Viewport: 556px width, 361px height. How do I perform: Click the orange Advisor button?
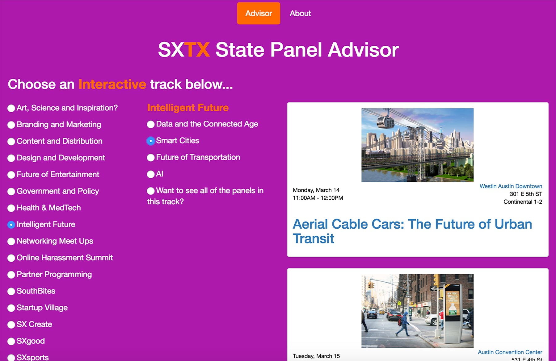(x=259, y=13)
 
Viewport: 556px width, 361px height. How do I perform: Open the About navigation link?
(x=300, y=13)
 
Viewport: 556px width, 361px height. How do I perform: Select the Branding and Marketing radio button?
(x=11, y=125)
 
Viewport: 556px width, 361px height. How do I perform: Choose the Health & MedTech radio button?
(x=11, y=208)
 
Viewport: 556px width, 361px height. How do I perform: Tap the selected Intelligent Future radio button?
(x=11, y=225)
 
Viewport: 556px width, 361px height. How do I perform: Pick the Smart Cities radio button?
(x=151, y=141)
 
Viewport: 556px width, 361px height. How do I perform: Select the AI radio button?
(x=151, y=174)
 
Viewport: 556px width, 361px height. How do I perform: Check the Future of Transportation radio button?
(x=151, y=158)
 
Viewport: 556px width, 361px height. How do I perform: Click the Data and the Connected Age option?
(x=207, y=124)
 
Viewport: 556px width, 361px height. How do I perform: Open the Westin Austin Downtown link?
(x=511, y=186)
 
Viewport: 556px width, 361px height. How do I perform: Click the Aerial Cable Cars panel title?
(x=412, y=231)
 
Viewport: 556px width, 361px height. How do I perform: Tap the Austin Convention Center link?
(x=510, y=352)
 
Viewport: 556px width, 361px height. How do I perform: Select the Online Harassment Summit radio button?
(x=11, y=258)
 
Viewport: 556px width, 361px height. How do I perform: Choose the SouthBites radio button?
(x=11, y=292)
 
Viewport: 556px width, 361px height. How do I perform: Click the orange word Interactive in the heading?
(x=112, y=84)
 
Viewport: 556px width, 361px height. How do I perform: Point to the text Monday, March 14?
(x=316, y=190)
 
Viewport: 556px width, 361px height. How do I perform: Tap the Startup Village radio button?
(x=11, y=308)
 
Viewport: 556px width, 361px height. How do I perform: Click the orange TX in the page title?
(x=198, y=50)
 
